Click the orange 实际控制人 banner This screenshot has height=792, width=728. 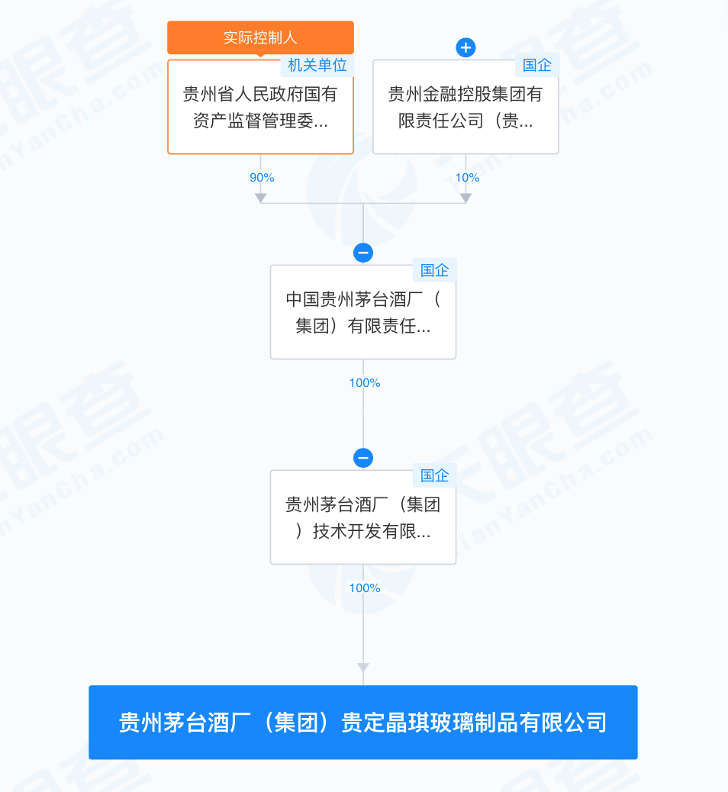[260, 37]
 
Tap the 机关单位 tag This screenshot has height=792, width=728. [317, 65]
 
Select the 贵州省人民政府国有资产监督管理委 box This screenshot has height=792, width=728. [260, 107]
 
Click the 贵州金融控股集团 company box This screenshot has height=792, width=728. [465, 107]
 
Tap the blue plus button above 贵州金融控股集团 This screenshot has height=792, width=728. [465, 47]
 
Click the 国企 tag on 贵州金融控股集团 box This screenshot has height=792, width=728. [536, 65]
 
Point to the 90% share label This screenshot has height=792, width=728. [262, 178]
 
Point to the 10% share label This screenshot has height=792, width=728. [467, 178]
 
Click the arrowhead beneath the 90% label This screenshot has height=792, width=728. [261, 198]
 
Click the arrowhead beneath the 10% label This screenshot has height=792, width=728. [465, 198]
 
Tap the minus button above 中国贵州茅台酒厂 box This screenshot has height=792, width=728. [363, 253]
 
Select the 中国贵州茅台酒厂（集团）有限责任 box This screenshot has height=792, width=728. [363, 312]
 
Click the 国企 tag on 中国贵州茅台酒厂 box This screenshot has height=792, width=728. [434, 270]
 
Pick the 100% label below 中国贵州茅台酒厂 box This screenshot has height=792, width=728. [365, 383]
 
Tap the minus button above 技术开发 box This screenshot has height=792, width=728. [363, 458]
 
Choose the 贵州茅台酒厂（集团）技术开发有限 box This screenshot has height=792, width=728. [363, 517]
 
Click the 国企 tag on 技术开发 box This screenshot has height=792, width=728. [434, 475]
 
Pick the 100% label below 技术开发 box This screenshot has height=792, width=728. [365, 588]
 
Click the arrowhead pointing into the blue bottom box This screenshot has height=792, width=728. [363, 668]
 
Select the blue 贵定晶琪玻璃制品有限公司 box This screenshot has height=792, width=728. [363, 723]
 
